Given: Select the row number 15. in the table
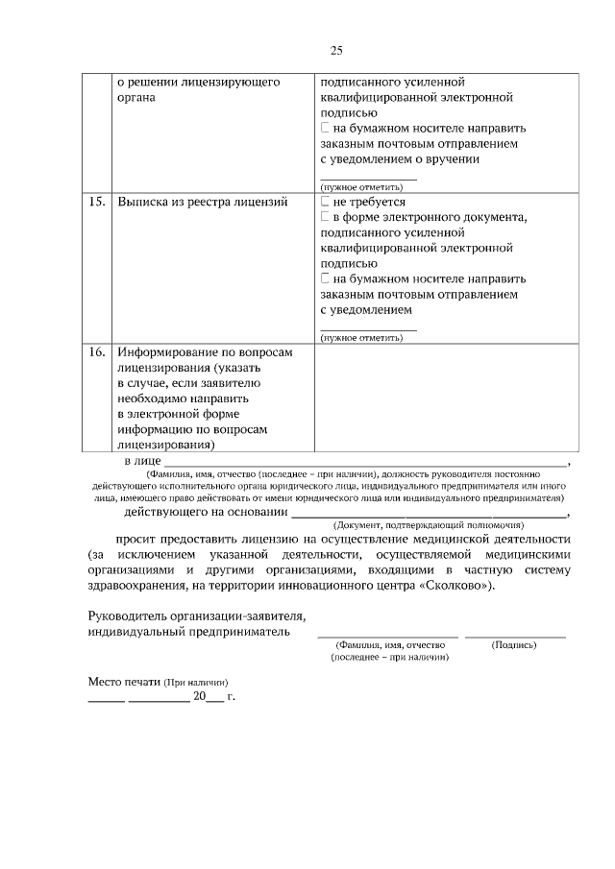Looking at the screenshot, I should [x=96, y=203].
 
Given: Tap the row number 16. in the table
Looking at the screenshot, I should [x=96, y=352].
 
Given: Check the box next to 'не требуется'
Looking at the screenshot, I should [x=325, y=203].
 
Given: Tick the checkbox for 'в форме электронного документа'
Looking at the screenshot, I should [x=325, y=218].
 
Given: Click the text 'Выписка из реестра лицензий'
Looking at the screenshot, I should [x=202, y=203].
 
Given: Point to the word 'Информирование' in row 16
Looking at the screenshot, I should [x=166, y=352].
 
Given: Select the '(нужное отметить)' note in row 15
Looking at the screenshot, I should [x=360, y=338].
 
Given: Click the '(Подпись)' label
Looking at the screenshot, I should [x=514, y=645].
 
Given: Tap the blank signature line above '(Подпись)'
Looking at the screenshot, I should [x=515, y=635].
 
